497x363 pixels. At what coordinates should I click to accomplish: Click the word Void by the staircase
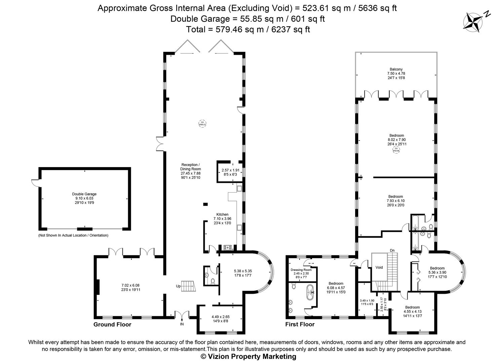(x=379, y=268)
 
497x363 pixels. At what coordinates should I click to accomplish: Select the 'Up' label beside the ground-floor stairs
(x=178, y=286)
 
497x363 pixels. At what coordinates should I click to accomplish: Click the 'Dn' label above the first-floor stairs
(x=392, y=250)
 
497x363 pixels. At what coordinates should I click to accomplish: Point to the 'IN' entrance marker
(x=182, y=324)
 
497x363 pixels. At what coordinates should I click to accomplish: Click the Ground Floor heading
(x=112, y=324)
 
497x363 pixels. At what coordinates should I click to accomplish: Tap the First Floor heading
(x=300, y=324)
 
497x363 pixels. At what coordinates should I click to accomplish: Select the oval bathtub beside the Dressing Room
(x=310, y=292)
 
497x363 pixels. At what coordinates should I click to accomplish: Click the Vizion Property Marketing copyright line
(x=248, y=357)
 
